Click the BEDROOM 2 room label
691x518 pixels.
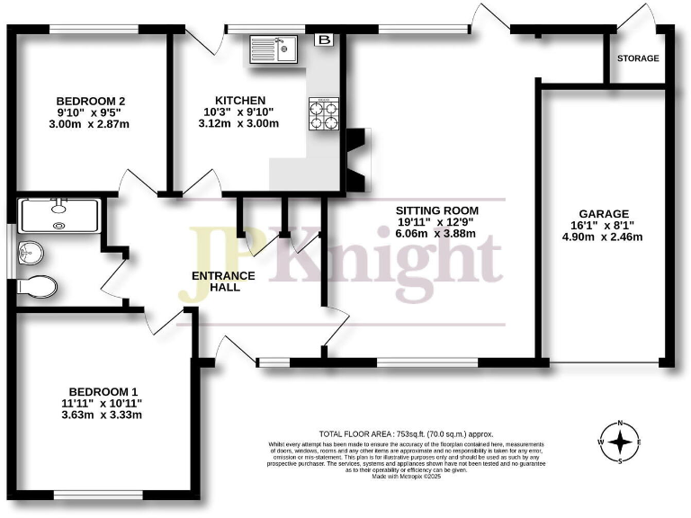pyautogui.click(x=91, y=101)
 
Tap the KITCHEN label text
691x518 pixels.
pyautogui.click(x=239, y=100)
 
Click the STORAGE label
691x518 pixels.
pyautogui.click(x=637, y=58)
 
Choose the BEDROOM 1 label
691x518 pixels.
pyautogui.click(x=96, y=391)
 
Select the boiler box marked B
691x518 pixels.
pyautogui.click(x=323, y=40)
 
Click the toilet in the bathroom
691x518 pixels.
pyautogui.click(x=38, y=287)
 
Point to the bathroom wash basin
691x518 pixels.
pyautogui.click(x=28, y=252)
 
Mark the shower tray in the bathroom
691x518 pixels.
pyautogui.click(x=59, y=213)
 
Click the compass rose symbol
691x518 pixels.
pyautogui.click(x=620, y=442)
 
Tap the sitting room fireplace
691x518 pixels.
pyautogui.click(x=357, y=160)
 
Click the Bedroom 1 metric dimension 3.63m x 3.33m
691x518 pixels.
pyautogui.click(x=96, y=415)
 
